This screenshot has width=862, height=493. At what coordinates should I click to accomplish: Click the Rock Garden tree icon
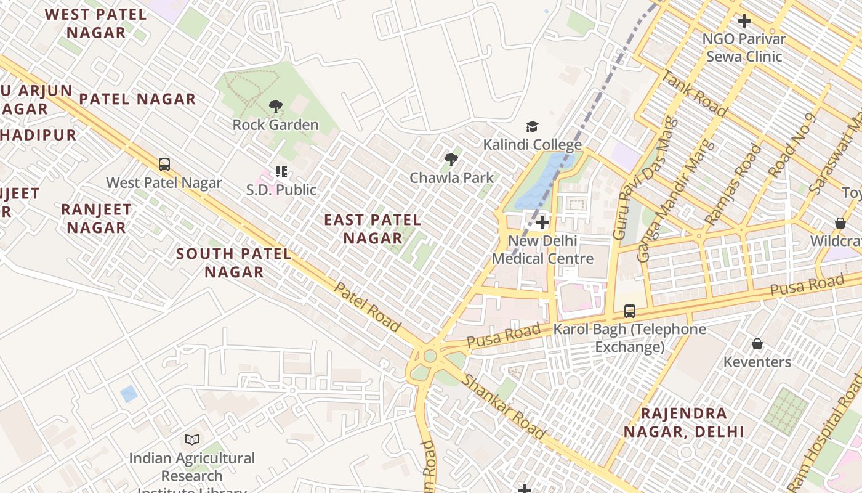[276, 107]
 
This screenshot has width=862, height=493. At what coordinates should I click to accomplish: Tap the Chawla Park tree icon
[451, 160]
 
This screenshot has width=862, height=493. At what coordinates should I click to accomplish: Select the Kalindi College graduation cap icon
[532, 127]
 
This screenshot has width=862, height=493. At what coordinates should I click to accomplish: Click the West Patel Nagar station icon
[164, 165]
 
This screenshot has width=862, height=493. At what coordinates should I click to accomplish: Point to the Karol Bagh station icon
[629, 311]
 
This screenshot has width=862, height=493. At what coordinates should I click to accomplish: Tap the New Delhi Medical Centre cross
[542, 222]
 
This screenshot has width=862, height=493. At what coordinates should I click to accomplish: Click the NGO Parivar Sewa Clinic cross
[744, 21]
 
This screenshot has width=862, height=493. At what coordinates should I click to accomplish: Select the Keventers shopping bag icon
[757, 344]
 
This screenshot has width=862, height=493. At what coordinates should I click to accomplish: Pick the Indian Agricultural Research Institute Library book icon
[192, 440]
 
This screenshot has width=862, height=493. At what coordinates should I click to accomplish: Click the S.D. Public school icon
[281, 172]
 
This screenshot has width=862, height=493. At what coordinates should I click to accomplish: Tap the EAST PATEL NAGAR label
[373, 229]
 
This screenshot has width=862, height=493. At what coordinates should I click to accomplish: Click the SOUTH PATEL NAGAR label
[234, 263]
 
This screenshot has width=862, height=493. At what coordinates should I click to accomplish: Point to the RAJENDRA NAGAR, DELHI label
[684, 422]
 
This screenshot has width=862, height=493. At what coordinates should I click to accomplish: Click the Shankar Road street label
[503, 406]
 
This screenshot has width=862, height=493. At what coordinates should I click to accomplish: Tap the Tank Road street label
[693, 94]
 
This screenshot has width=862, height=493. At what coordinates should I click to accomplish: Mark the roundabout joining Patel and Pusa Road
[430, 356]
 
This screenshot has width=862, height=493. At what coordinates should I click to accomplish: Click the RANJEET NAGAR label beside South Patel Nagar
[96, 218]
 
